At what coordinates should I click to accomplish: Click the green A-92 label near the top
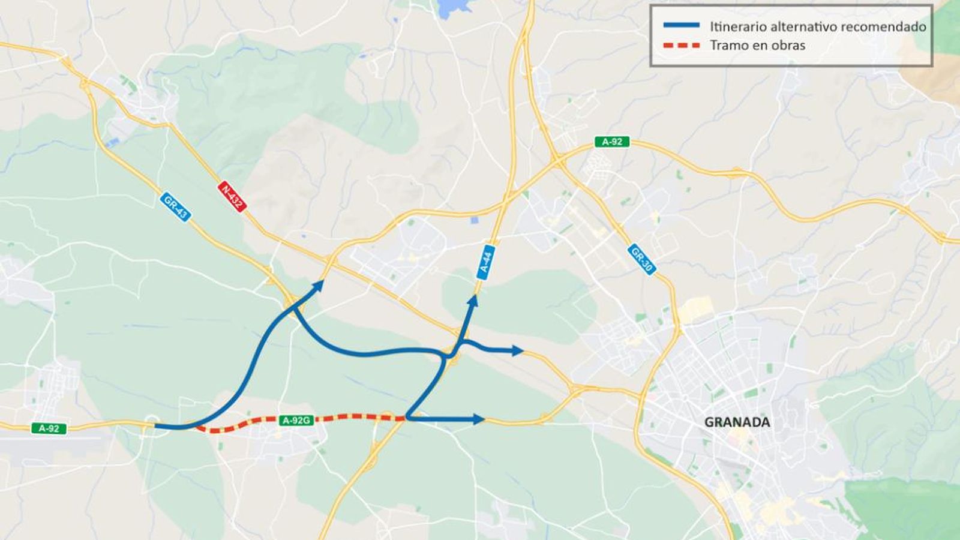[612, 142]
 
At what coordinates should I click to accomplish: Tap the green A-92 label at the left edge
[49, 428]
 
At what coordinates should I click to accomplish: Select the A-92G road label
[296, 421]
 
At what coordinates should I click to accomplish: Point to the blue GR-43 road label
[175, 206]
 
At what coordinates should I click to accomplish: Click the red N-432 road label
[232, 196]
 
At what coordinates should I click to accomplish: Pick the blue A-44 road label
[486, 262]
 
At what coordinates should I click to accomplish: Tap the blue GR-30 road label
[641, 259]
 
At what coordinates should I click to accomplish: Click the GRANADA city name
[737, 422]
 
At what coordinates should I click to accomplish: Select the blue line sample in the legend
[681, 26]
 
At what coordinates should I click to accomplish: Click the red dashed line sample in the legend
[681, 46]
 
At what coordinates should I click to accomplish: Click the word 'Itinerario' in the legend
[737, 27]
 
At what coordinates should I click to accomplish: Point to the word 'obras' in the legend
[788, 46]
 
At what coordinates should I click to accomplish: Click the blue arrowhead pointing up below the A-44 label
[473, 300]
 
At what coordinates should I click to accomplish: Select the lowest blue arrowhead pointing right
[478, 419]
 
